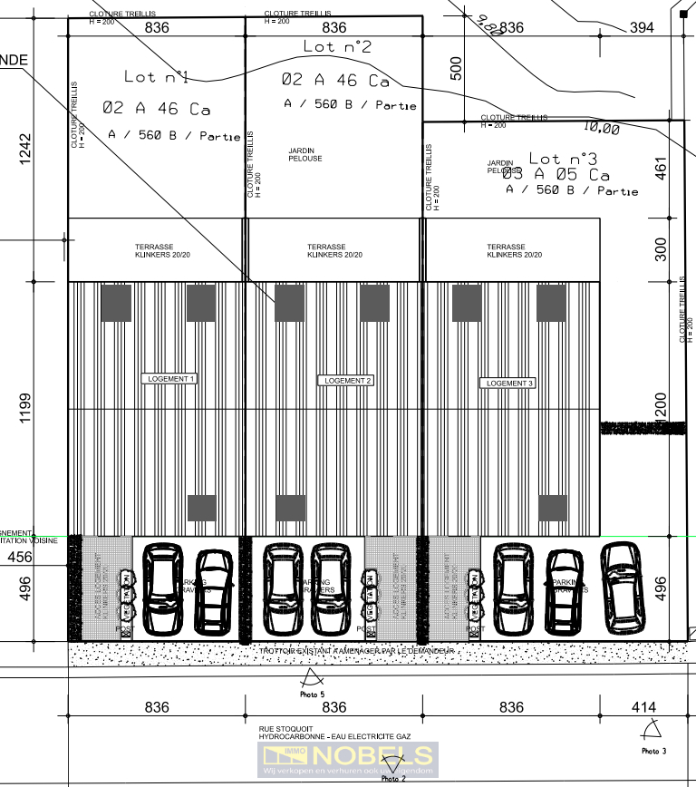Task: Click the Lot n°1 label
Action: pyautogui.click(x=156, y=77)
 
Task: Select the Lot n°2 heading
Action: pyautogui.click(x=337, y=46)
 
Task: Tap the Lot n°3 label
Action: pyautogui.click(x=563, y=159)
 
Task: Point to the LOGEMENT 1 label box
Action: pyautogui.click(x=169, y=378)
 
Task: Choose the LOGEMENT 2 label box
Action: pyautogui.click(x=345, y=381)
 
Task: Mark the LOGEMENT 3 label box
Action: pyautogui.click(x=510, y=384)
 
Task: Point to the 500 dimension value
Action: pyautogui.click(x=456, y=70)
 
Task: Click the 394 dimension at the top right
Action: pyautogui.click(x=641, y=28)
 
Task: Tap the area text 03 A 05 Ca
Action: pyautogui.click(x=562, y=175)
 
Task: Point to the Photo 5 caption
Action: pyautogui.click(x=312, y=695)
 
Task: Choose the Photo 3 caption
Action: pyautogui.click(x=653, y=751)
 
